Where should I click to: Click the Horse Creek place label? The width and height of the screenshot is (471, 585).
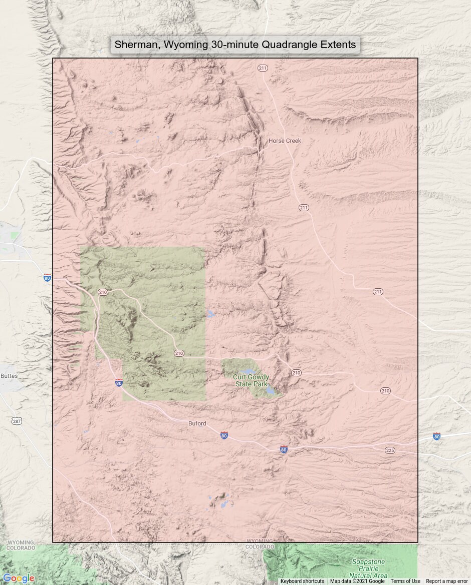pyautogui.click(x=285, y=141)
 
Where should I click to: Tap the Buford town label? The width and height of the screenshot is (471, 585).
pyautogui.click(x=197, y=423)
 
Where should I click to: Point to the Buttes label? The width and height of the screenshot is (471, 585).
pyautogui.click(x=9, y=376)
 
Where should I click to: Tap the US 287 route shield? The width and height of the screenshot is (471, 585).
pyautogui.click(x=17, y=421)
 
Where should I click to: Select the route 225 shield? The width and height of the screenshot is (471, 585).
pyautogui.click(x=390, y=450)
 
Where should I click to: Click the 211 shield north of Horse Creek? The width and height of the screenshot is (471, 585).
pyautogui.click(x=263, y=68)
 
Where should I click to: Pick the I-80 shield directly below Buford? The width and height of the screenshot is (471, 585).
pyautogui.click(x=224, y=435)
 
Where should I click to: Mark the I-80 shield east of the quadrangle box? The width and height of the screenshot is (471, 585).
pyautogui.click(x=437, y=436)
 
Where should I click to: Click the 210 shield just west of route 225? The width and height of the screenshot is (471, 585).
pyautogui.click(x=385, y=390)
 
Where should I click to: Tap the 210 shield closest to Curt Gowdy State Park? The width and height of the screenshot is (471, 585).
pyautogui.click(x=296, y=373)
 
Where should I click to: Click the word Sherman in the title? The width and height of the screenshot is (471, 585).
pyautogui.click(x=134, y=45)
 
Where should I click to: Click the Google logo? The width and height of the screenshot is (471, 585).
pyautogui.click(x=19, y=578)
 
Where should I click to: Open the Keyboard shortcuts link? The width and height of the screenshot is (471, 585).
pyautogui.click(x=302, y=581)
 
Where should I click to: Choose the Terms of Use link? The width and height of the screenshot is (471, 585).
pyautogui.click(x=405, y=581)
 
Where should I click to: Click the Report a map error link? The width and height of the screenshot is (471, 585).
pyautogui.click(x=447, y=581)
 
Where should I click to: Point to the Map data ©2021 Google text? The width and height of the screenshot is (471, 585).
pyautogui.click(x=357, y=581)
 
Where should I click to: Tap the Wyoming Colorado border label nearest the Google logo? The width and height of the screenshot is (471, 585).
pyautogui.click(x=21, y=545)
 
